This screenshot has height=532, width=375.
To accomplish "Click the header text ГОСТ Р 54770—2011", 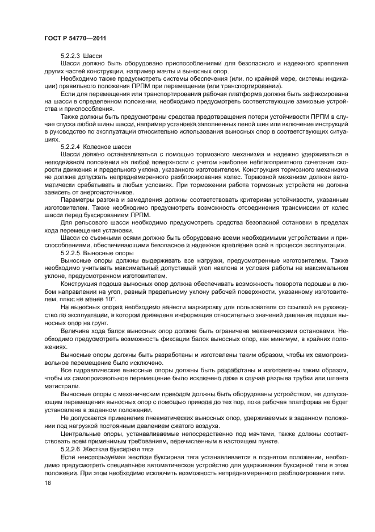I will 75,38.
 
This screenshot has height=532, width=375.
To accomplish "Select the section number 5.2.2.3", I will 70,56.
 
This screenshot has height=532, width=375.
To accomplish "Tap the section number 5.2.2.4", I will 70,147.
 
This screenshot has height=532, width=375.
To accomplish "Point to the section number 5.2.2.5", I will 70,252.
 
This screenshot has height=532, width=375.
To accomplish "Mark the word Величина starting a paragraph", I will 77,330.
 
